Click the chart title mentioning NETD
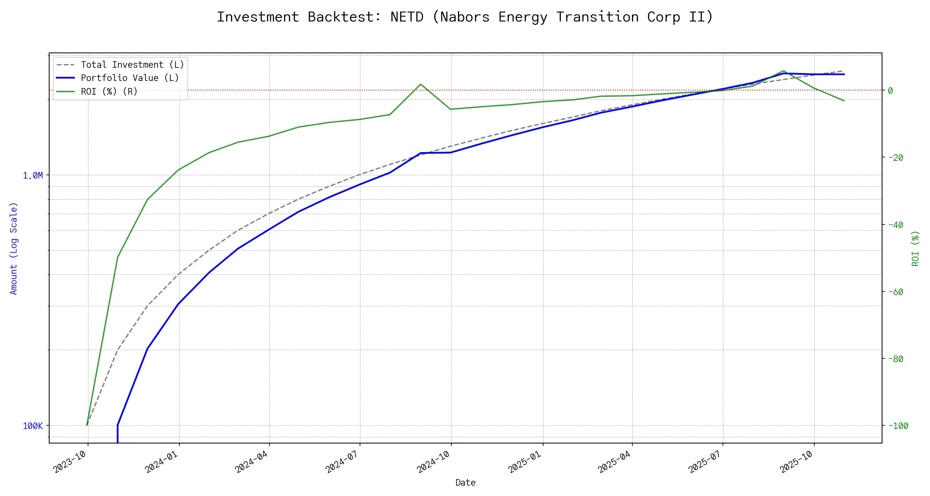[465, 17]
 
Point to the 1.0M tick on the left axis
[33, 176]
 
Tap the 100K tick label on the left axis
[33, 426]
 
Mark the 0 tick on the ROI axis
[890, 91]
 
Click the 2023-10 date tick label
[70, 461]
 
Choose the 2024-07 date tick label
[342, 461]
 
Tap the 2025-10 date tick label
[796, 461]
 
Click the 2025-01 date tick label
[525, 461]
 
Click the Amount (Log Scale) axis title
[14, 248]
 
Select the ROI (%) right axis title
[916, 248]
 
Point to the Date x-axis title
[465, 482]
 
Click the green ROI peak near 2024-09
[420, 84]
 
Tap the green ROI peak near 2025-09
[783, 71]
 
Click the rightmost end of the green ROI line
[844, 101]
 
